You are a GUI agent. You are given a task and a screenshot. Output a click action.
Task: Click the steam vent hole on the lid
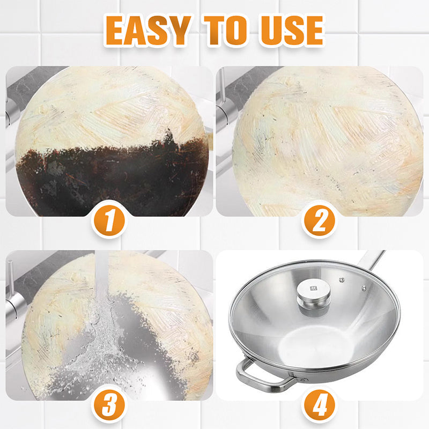coord(341,279)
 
